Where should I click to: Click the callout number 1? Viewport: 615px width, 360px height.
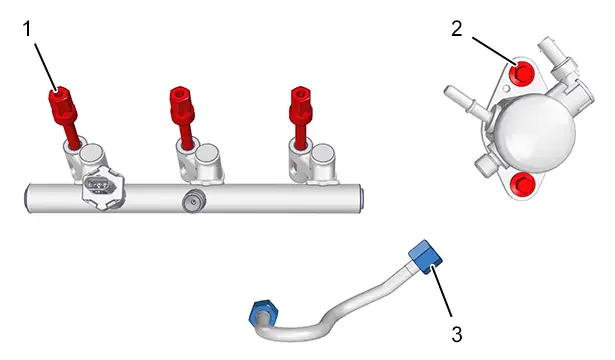tap(27, 29)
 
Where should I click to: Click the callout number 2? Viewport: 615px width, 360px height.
tap(457, 29)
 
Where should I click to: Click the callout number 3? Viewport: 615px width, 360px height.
tap(457, 335)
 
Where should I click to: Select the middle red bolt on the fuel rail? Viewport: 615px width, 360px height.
tap(182, 117)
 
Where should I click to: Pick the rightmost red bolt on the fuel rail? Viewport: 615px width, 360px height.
tap(300, 117)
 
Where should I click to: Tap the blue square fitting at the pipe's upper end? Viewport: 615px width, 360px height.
tap(425, 256)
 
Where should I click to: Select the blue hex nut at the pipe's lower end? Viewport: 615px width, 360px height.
tap(263, 312)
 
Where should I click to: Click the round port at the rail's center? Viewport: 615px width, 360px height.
tap(193, 202)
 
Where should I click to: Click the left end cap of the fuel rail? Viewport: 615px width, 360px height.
tap(27, 198)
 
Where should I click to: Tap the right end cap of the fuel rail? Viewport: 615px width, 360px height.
tap(361, 199)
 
